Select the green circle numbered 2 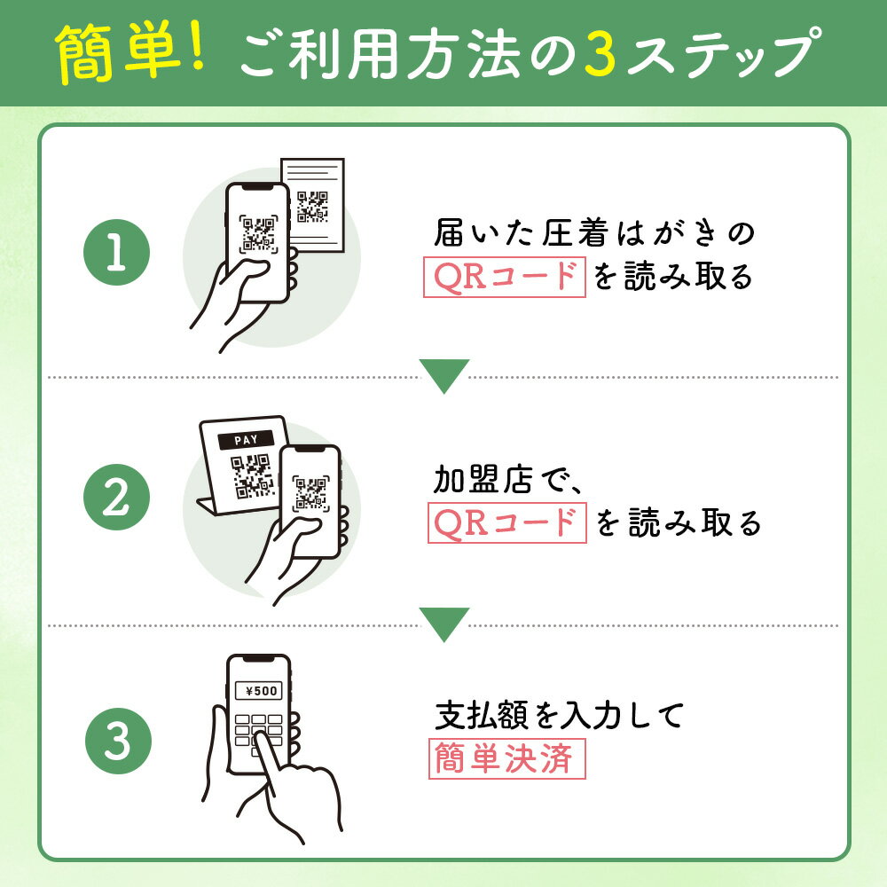116,498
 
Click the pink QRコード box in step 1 504,278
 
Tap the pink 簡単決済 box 506,759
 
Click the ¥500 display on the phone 259,690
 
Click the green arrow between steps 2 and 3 443,624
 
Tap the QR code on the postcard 312,207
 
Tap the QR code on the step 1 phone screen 258,233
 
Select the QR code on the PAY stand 252,475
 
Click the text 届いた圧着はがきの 593,235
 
